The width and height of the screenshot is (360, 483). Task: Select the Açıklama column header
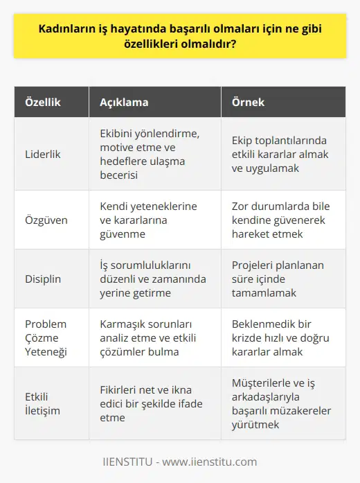point(119,103)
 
